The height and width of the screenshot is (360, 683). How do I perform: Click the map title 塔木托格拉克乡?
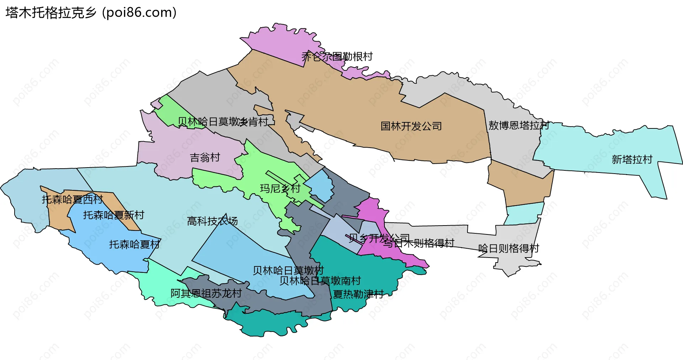pyautogui.click(x=51, y=13)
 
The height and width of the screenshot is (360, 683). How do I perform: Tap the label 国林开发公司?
pyautogui.click(x=411, y=126)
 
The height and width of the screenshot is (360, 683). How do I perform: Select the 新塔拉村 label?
pyautogui.click(x=632, y=159)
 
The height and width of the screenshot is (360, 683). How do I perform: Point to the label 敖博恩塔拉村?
pyautogui.click(x=518, y=125)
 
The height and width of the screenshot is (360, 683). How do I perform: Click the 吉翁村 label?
pyautogui.click(x=205, y=157)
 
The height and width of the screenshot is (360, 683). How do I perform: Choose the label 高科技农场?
pyautogui.click(x=212, y=221)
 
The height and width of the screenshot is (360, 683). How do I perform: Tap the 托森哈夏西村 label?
pyautogui.click(x=72, y=199)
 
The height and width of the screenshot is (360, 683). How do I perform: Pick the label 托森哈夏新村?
pyautogui.click(x=113, y=215)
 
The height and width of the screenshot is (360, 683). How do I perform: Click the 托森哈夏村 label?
pyautogui.click(x=134, y=244)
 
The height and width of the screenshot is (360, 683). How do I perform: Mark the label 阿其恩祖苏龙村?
pyautogui.click(x=206, y=293)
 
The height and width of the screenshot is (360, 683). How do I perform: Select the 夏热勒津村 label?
pyautogui.click(x=358, y=294)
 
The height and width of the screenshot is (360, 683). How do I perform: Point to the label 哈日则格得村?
pyautogui.click(x=509, y=248)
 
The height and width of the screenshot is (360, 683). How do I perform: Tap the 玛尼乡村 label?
pyautogui.click(x=280, y=188)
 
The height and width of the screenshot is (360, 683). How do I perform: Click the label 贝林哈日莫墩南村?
pyautogui.click(x=320, y=281)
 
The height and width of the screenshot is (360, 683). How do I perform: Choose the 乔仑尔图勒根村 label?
pyautogui.click(x=337, y=56)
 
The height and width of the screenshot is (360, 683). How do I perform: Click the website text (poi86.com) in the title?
pyautogui.click(x=139, y=13)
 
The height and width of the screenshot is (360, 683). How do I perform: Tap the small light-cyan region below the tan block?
pyautogui.click(x=524, y=213)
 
